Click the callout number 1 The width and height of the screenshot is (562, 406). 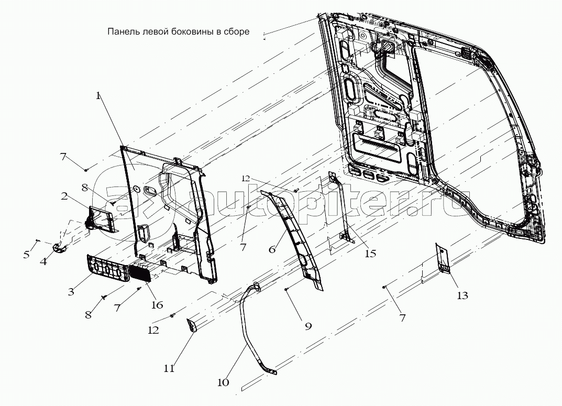pos(98,96)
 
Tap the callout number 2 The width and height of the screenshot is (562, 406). pos(64,196)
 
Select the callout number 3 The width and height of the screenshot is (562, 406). pos(71,292)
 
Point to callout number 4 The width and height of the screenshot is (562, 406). pos(43,261)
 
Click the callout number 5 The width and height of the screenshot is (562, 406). pos(26,255)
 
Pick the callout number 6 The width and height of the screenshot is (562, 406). pos(272,249)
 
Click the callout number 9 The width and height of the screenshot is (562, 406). pos(308,326)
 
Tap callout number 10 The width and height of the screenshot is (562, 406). pos(223,382)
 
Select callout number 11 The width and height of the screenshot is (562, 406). pos(169,368)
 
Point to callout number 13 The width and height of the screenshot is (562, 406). pos(462,295)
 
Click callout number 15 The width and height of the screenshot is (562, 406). pos(370,254)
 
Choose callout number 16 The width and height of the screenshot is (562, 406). pos(157,305)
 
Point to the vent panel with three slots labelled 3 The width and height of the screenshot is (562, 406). pos(107,268)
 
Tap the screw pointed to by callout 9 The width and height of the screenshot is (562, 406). pos(286,289)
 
